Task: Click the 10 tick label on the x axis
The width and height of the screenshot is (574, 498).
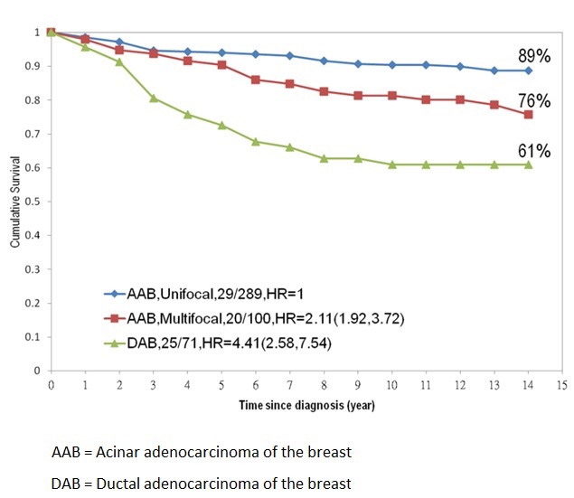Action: (391, 383)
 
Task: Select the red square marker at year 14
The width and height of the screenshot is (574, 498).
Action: (528, 115)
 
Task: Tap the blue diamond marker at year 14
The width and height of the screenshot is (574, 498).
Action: (528, 70)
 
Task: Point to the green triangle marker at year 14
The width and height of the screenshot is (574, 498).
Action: (528, 164)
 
